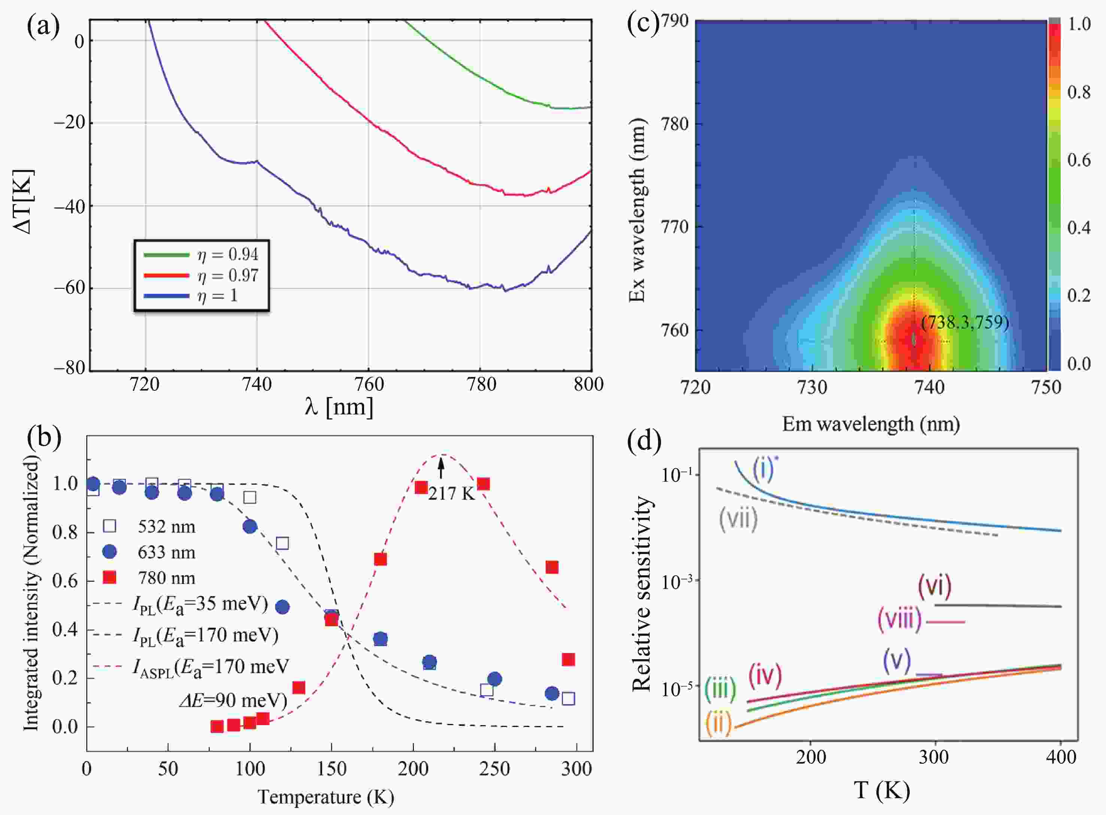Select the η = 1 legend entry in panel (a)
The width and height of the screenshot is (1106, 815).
pos(218,296)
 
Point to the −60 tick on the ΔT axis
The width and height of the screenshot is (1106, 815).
pos(69,288)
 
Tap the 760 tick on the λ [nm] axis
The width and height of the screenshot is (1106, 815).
pos(369,384)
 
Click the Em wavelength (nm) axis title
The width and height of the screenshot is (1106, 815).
pos(871,424)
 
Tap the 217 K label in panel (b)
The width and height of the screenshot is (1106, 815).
pos(451,493)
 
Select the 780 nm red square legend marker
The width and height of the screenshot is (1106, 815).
pos(109,577)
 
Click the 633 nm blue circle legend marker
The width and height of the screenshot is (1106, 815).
pos(109,552)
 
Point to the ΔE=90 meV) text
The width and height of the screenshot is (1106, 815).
pos(233,700)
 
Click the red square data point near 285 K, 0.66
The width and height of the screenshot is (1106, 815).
pos(552,567)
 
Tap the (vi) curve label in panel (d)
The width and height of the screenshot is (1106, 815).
pos(934,586)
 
